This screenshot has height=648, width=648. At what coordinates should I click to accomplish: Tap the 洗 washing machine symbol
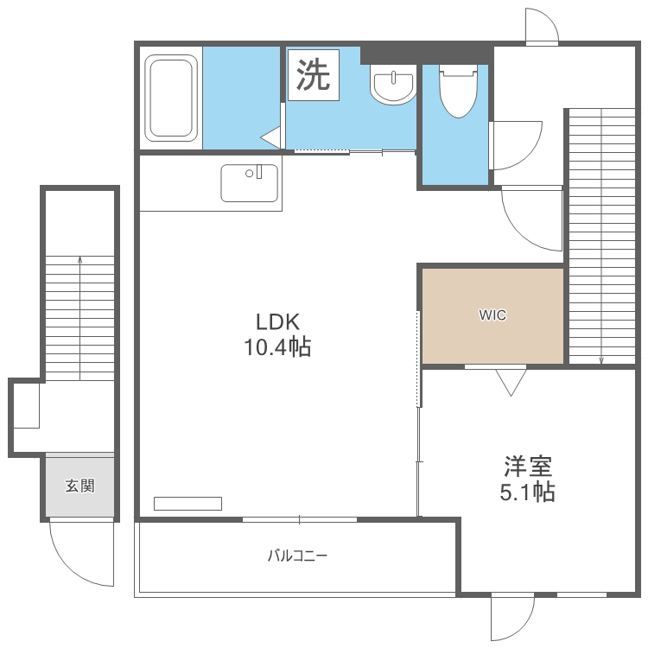(x=314, y=75)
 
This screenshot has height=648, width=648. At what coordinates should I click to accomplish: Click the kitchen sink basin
(x=249, y=183)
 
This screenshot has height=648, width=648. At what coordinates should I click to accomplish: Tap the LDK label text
(x=277, y=322)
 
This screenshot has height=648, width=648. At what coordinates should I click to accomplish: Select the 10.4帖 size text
(x=277, y=346)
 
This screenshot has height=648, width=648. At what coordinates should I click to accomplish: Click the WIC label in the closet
(x=492, y=315)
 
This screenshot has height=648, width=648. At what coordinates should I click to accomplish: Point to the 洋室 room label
(x=528, y=467)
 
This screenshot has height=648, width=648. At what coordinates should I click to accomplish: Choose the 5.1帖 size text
(x=528, y=492)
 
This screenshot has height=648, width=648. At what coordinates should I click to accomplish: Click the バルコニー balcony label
(x=297, y=556)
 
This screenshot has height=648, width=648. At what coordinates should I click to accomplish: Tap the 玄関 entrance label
(x=79, y=486)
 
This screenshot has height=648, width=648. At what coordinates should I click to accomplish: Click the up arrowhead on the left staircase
(x=79, y=260)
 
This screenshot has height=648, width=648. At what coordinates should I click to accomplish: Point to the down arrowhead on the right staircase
(x=601, y=360)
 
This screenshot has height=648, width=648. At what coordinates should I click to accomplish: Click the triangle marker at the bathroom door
(x=270, y=137)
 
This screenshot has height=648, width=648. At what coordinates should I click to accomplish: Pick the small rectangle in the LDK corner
(x=187, y=504)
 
